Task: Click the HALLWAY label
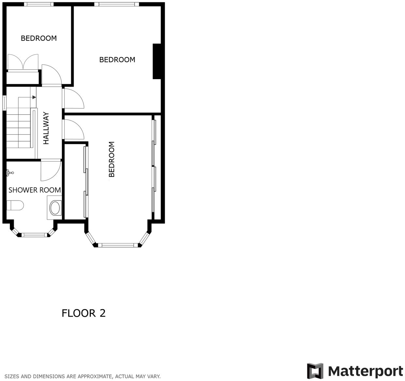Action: pos(46,128)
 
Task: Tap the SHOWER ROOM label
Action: pos(35,190)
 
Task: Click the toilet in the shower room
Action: pos(15,205)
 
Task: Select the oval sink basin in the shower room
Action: pos(55,208)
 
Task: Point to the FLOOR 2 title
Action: pos(84,313)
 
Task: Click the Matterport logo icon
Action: pos(315,371)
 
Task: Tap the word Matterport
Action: pos(365,372)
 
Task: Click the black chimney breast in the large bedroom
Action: pos(157,61)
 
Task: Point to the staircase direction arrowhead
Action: pos(34,97)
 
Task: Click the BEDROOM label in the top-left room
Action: pos(39,38)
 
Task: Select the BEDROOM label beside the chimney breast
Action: pos(117,60)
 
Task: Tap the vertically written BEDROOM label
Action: pos(112,159)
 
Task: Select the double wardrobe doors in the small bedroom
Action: pos(23,62)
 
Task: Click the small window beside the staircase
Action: pos(5,103)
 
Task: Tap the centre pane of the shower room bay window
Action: pos(34,234)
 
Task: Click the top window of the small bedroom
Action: pos(39,4)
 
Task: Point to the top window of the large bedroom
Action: pos(117,4)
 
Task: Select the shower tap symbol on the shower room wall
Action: pos(9,172)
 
